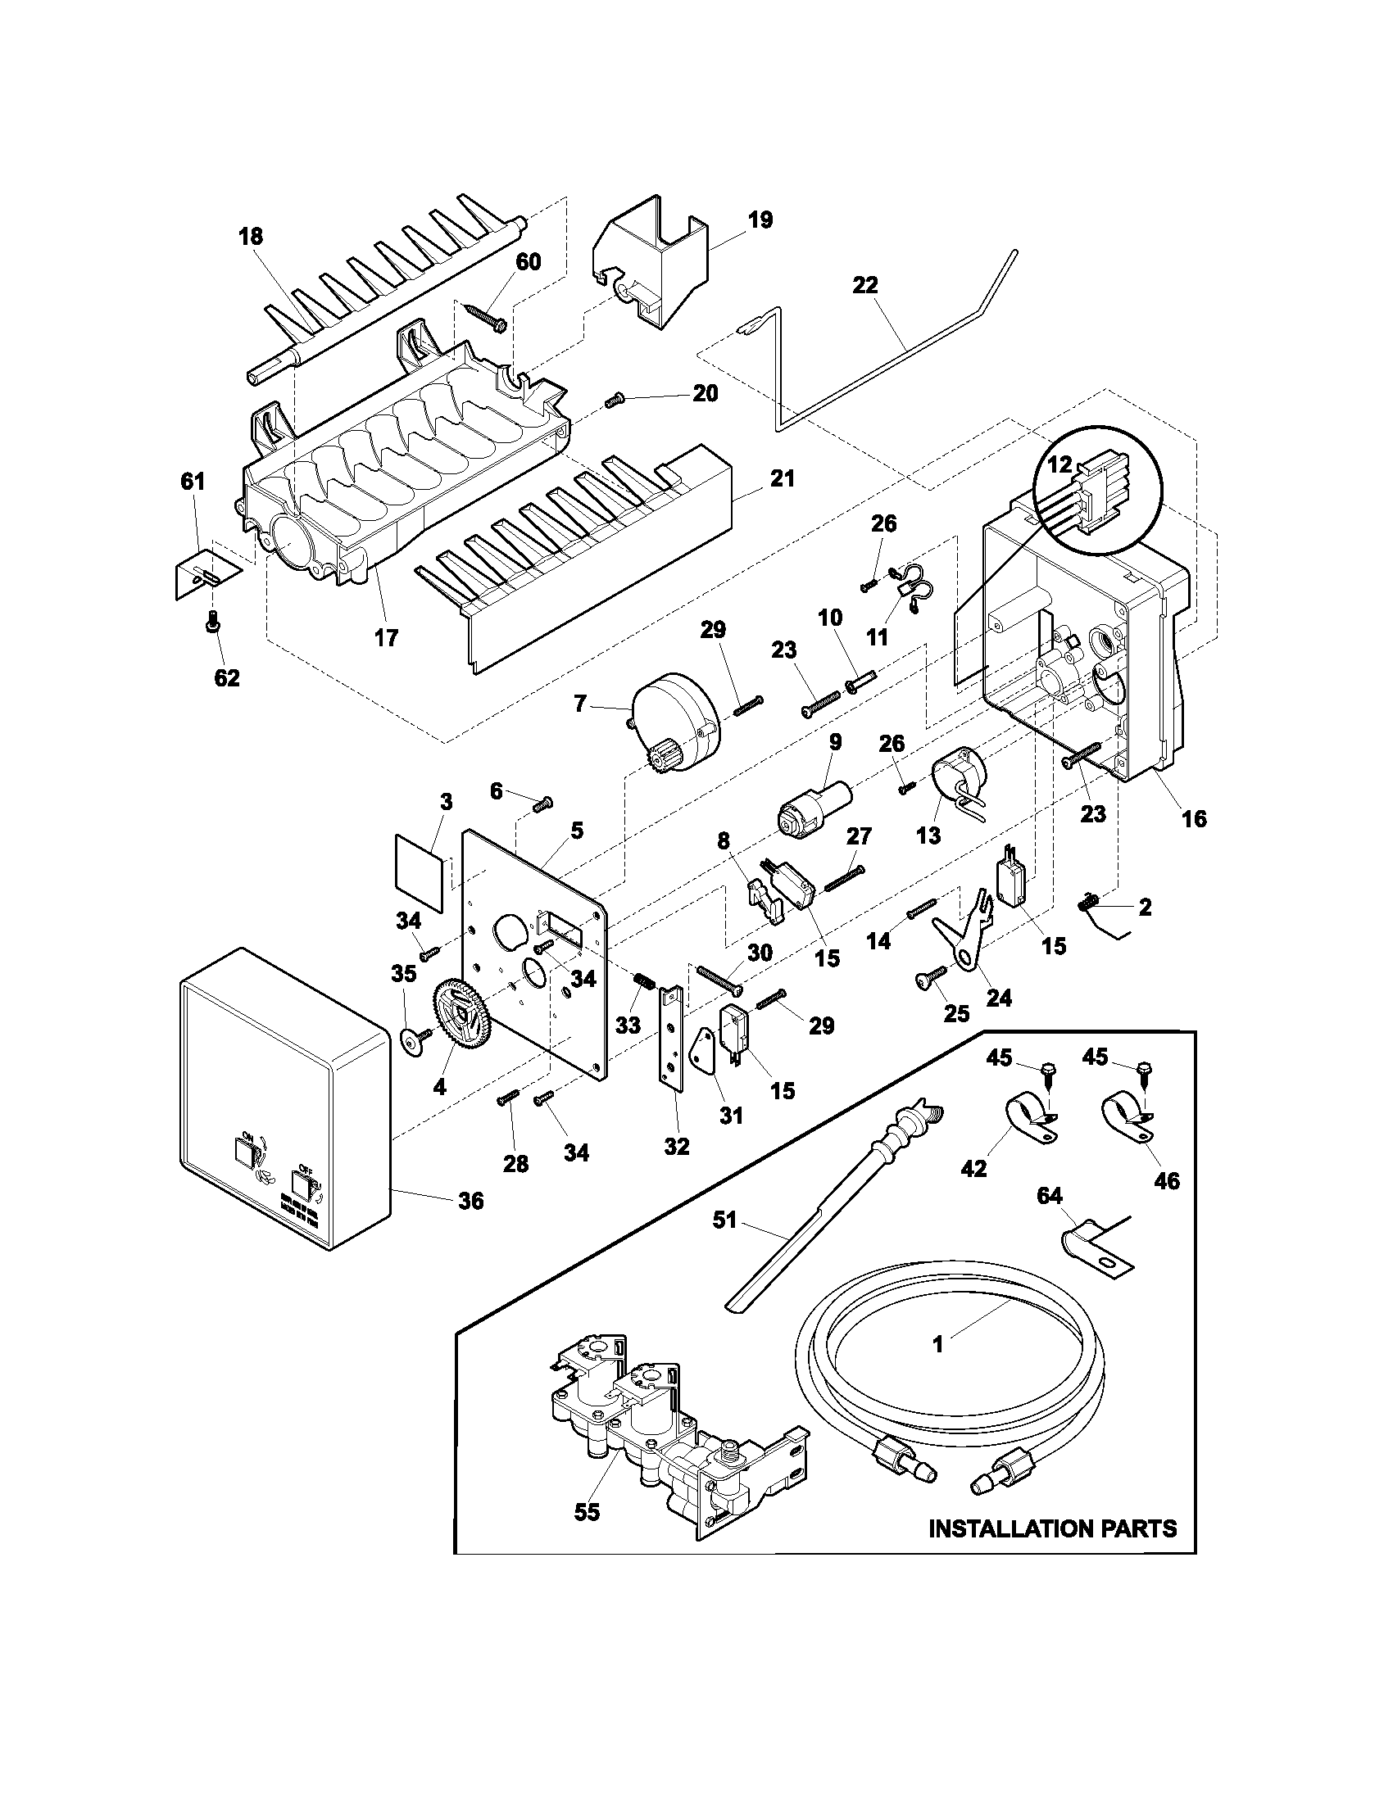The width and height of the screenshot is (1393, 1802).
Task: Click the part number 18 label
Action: [251, 237]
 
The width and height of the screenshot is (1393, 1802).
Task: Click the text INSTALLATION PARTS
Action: [1052, 1528]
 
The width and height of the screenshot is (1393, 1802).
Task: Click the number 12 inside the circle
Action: [1059, 464]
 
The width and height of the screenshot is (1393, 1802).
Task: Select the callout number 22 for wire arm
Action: [865, 286]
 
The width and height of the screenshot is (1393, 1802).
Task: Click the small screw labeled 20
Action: [613, 401]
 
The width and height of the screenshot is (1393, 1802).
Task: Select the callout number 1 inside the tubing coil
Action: [937, 1344]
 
